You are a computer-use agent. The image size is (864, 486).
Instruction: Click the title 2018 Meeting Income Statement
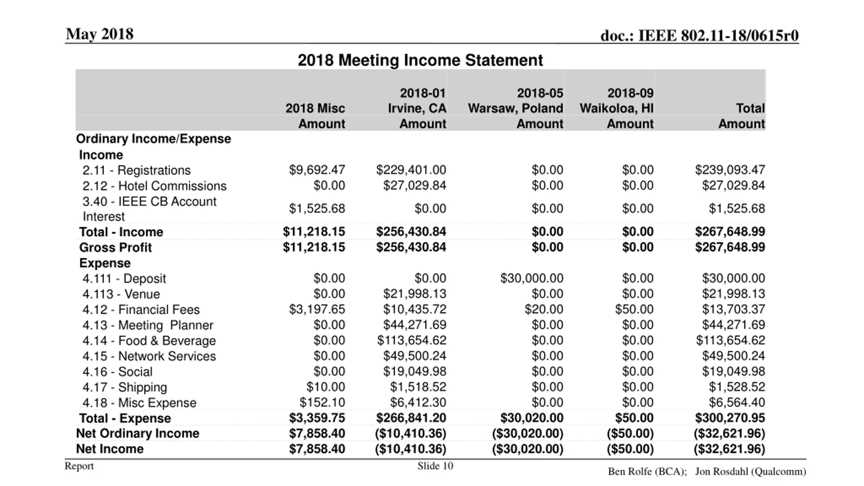(420, 61)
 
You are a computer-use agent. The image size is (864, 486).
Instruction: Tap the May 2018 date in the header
(100, 34)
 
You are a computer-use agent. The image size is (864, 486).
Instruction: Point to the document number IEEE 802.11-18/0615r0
(699, 36)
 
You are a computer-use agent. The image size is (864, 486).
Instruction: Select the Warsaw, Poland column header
(515, 108)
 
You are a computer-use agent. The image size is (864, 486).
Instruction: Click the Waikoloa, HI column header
(617, 108)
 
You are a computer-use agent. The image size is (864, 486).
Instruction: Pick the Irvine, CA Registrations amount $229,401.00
(411, 170)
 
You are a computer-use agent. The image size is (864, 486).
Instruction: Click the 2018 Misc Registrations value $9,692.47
(317, 170)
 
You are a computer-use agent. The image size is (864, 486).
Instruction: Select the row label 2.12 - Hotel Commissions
(154, 186)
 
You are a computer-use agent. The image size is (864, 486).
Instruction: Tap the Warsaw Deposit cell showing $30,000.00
(532, 278)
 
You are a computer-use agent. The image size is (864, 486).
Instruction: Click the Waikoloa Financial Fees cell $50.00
(634, 309)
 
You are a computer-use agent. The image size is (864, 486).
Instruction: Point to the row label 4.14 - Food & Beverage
(149, 341)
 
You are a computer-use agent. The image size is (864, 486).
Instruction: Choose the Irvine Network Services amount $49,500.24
(414, 356)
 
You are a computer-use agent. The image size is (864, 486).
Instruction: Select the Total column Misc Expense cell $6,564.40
(736, 403)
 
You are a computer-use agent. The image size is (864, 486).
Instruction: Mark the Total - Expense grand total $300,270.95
(730, 418)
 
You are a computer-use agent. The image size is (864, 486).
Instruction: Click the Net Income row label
(110, 449)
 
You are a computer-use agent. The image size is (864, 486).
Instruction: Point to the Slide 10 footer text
(435, 466)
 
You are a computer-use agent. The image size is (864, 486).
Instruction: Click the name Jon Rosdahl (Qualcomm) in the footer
(750, 471)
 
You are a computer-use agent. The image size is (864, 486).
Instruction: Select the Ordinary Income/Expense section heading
(153, 139)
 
